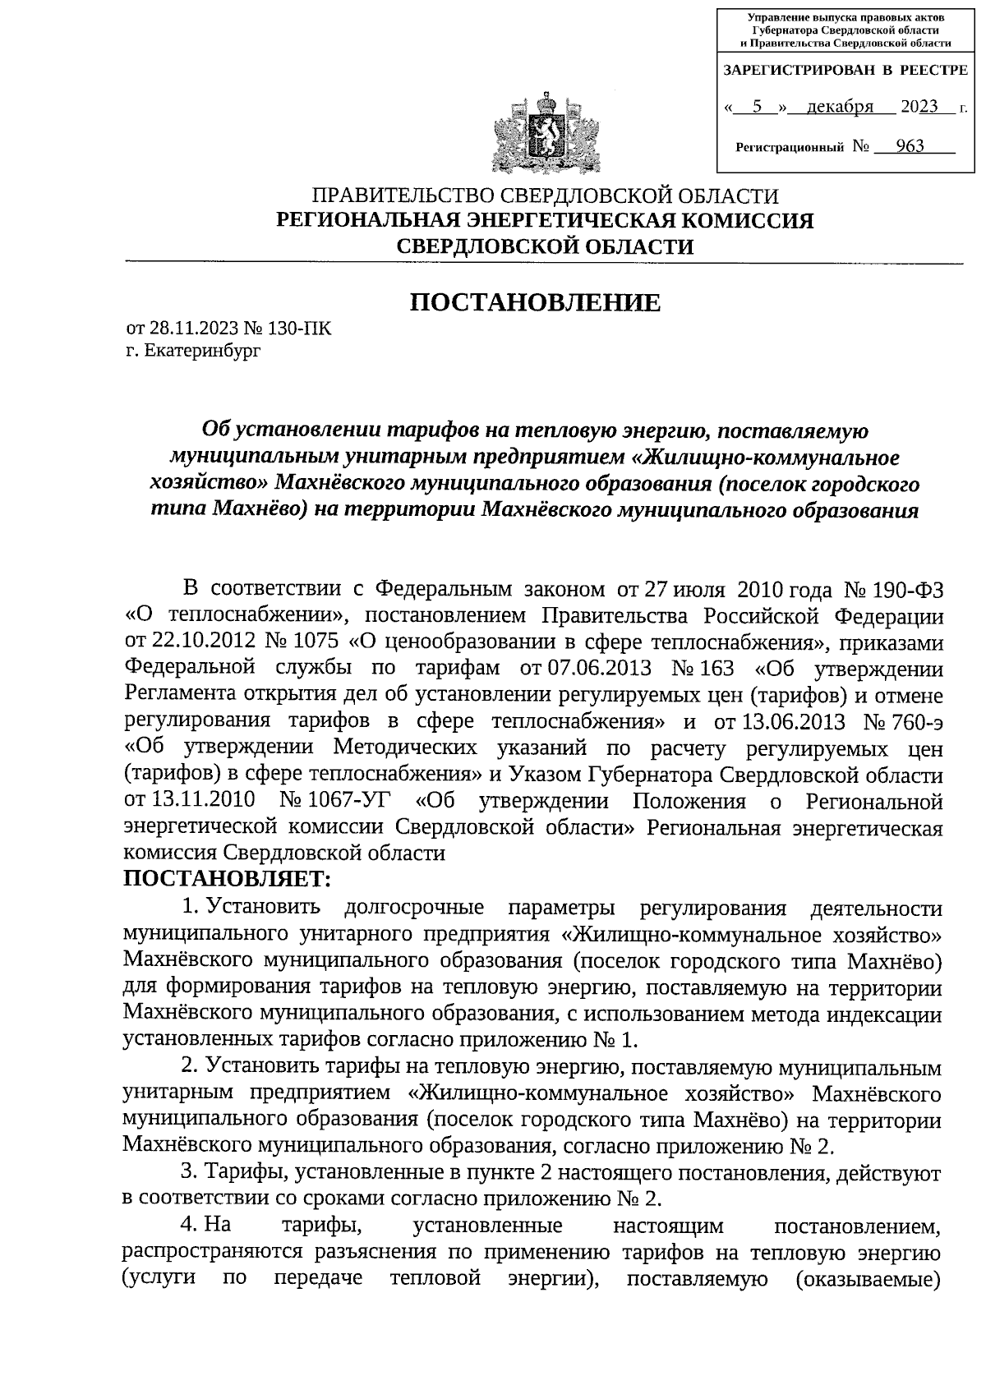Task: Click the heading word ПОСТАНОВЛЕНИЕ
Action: coord(535,303)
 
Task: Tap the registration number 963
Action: coord(910,147)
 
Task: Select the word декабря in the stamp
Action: coord(839,108)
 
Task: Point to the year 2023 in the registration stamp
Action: coord(919,108)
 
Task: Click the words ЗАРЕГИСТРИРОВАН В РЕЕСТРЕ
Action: coord(845,70)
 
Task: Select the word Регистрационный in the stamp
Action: coord(790,148)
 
